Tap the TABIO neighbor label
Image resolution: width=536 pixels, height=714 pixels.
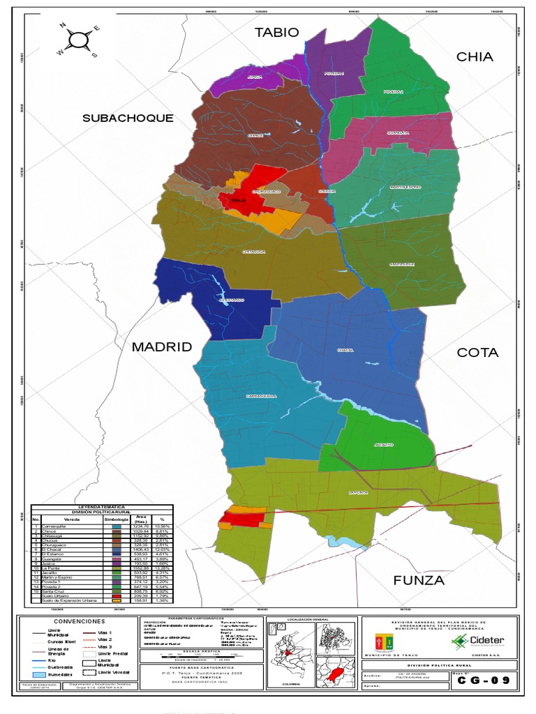(x=276, y=33)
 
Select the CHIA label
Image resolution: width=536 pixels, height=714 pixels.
(x=475, y=57)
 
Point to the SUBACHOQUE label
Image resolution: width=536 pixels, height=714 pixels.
(x=128, y=118)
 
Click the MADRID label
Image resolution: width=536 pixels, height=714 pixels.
(x=161, y=347)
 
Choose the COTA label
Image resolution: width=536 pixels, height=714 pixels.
(x=477, y=353)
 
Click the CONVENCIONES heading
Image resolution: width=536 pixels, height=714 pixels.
(x=78, y=621)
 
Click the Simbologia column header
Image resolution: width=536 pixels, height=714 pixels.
(x=117, y=519)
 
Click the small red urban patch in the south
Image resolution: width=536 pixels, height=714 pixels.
(x=242, y=519)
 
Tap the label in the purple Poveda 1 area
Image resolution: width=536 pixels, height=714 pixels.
(x=334, y=73)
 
